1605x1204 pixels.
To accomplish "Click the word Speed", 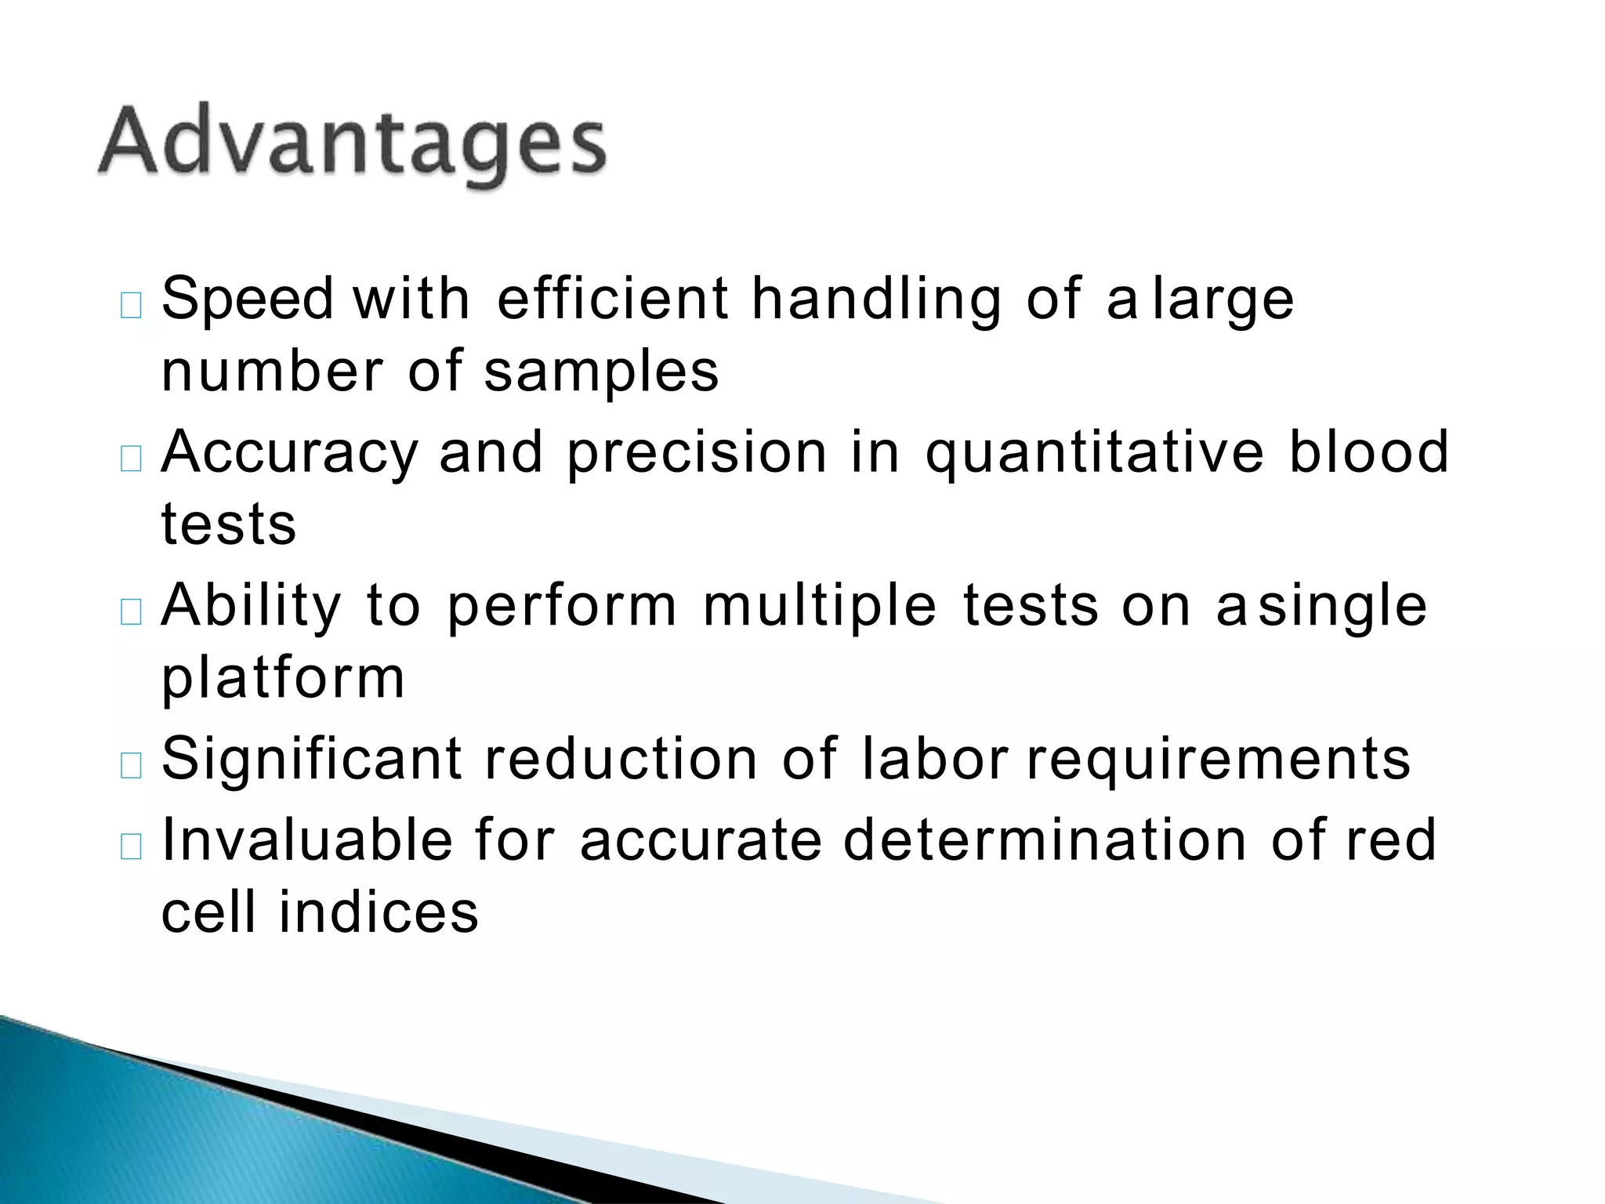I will click(248, 299).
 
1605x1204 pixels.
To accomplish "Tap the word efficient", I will click(613, 299).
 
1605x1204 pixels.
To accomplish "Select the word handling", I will click(876, 300).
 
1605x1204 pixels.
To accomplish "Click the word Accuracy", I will click(290, 452).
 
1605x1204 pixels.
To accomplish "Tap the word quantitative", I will click(1095, 454).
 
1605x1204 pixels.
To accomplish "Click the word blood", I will click(1369, 452).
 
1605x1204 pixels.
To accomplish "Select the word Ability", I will click(252, 606).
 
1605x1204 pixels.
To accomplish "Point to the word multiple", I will click(820, 606).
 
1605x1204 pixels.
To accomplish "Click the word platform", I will click(284, 678).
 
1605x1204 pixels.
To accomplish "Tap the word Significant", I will click(312, 760).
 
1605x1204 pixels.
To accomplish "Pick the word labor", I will click(934, 760).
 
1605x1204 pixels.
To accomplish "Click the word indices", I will click(379, 912).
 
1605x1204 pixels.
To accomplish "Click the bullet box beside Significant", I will click(132, 764).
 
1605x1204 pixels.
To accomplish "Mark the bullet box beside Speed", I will click(132, 305).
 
